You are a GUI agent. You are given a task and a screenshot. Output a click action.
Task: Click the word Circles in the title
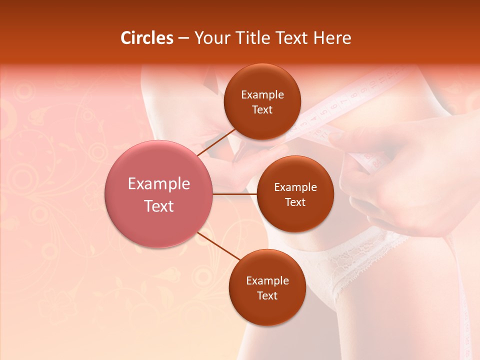(x=147, y=38)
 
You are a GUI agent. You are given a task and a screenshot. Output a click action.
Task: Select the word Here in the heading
(x=332, y=38)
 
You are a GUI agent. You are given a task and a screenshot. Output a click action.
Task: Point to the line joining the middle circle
(x=235, y=194)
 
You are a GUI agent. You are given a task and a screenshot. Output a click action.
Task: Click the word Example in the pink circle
(x=159, y=184)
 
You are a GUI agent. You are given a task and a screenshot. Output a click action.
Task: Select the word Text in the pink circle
(x=159, y=206)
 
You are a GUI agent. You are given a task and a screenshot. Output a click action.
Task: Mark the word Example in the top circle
(x=262, y=95)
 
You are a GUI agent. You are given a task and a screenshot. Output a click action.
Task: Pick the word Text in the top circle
(x=262, y=110)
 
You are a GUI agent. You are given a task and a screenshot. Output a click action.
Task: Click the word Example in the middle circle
(x=295, y=187)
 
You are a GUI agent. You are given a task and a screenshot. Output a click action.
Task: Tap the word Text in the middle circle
(x=295, y=202)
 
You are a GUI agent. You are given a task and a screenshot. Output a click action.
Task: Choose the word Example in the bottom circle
(x=267, y=281)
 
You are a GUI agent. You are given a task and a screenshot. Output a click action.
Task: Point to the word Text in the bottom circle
(x=267, y=296)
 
